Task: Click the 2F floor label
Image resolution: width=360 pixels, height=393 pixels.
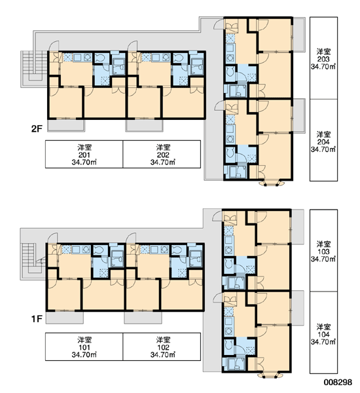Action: coord(37,129)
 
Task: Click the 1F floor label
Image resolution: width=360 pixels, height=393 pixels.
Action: coord(37,319)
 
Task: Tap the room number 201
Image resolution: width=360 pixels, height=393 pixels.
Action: coord(84,155)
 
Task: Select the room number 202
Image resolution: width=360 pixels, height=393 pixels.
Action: coord(163,155)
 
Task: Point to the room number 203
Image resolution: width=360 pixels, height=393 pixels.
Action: coord(323,59)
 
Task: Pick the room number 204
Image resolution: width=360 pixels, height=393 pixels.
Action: coord(323,142)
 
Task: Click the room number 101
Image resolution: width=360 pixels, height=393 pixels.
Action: coord(84,347)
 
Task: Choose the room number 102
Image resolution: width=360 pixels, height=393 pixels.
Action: coord(163,347)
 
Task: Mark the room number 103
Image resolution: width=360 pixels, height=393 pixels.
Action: coord(323,252)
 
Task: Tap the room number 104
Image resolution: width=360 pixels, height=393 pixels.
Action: coord(323,334)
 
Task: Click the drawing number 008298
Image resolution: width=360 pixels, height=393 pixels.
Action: coord(338,383)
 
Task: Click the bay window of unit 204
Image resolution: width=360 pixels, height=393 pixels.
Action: coord(272,183)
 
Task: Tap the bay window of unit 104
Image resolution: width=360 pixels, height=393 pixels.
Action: coord(270,375)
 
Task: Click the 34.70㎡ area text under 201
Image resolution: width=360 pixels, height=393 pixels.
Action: coord(84,162)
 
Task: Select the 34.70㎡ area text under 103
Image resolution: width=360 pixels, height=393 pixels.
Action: coord(323,259)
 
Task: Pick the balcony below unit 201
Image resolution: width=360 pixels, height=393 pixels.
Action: coord(66,125)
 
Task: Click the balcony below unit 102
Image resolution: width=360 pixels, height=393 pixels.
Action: coord(143,317)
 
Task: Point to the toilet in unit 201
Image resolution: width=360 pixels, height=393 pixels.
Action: coord(100,58)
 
